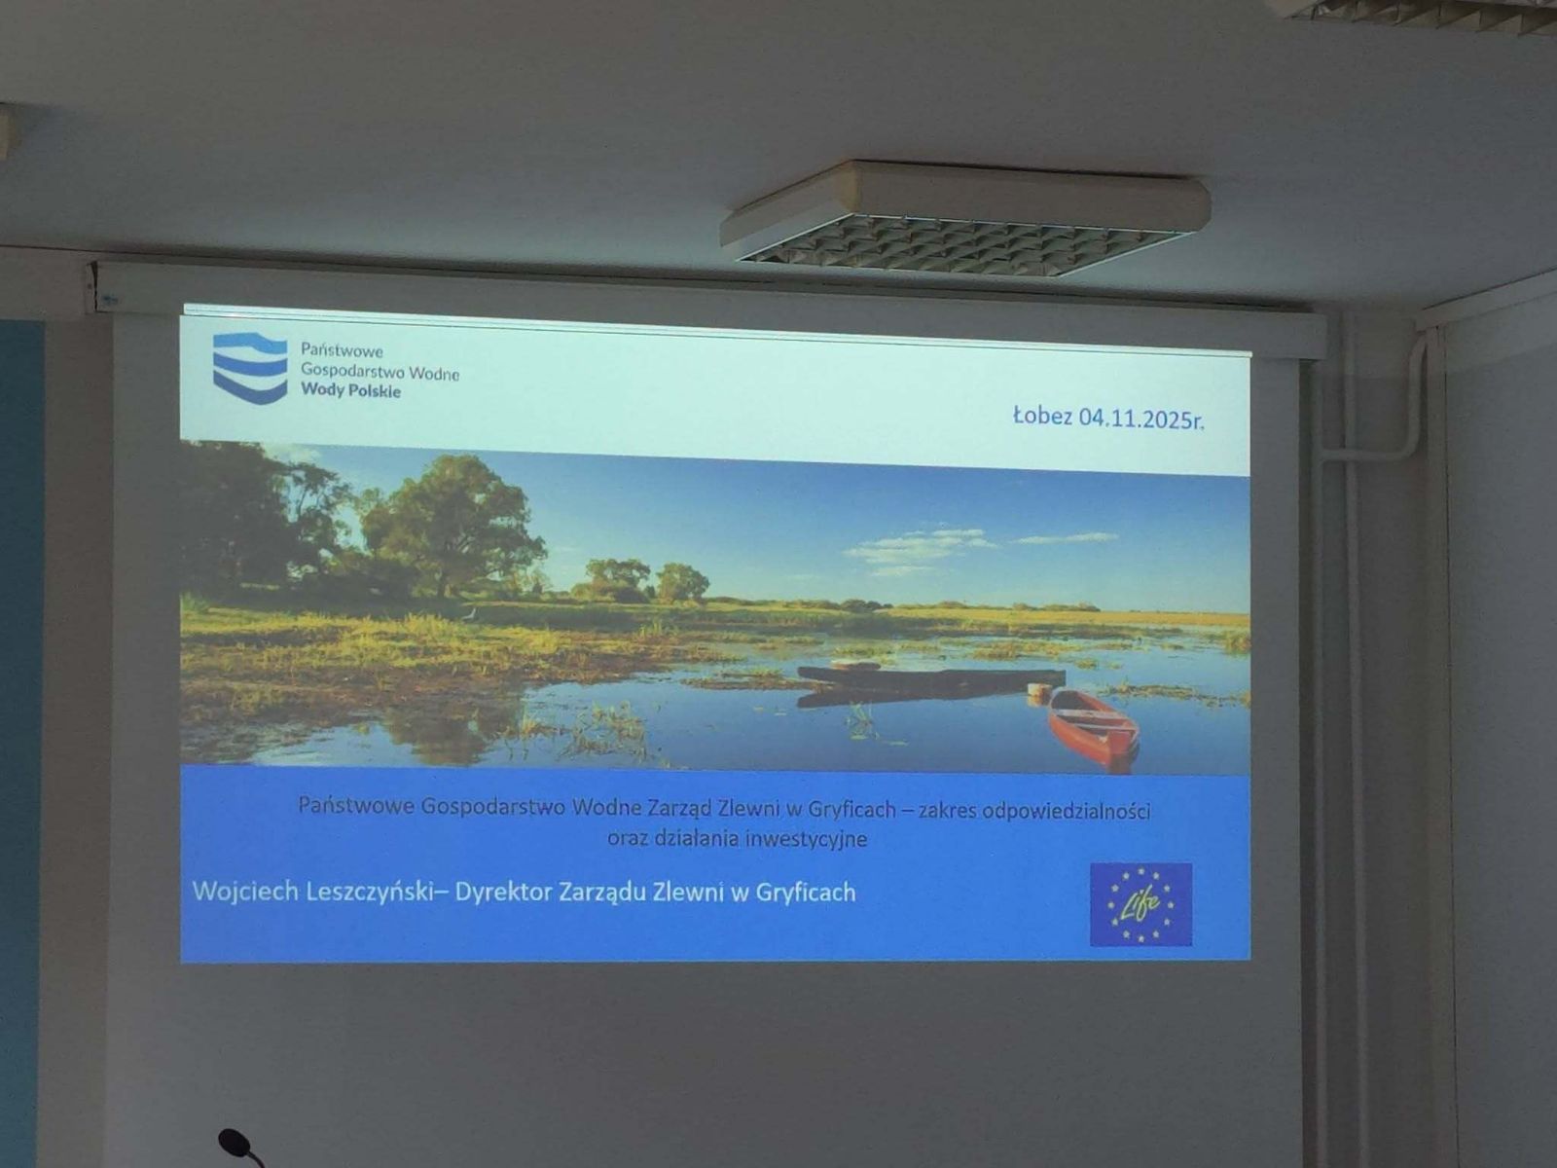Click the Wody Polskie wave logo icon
click(x=250, y=368)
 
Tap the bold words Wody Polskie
click(x=350, y=390)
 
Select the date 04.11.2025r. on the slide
click(x=1141, y=420)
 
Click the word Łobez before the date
click(x=1042, y=416)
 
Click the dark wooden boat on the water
click(x=930, y=678)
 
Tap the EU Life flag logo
click(x=1141, y=904)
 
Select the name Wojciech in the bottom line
click(x=245, y=893)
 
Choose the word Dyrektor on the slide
click(x=504, y=893)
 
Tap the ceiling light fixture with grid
click(x=965, y=218)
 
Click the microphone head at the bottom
click(x=235, y=1142)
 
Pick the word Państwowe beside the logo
click(x=342, y=350)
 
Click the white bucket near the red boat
click(x=1037, y=691)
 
